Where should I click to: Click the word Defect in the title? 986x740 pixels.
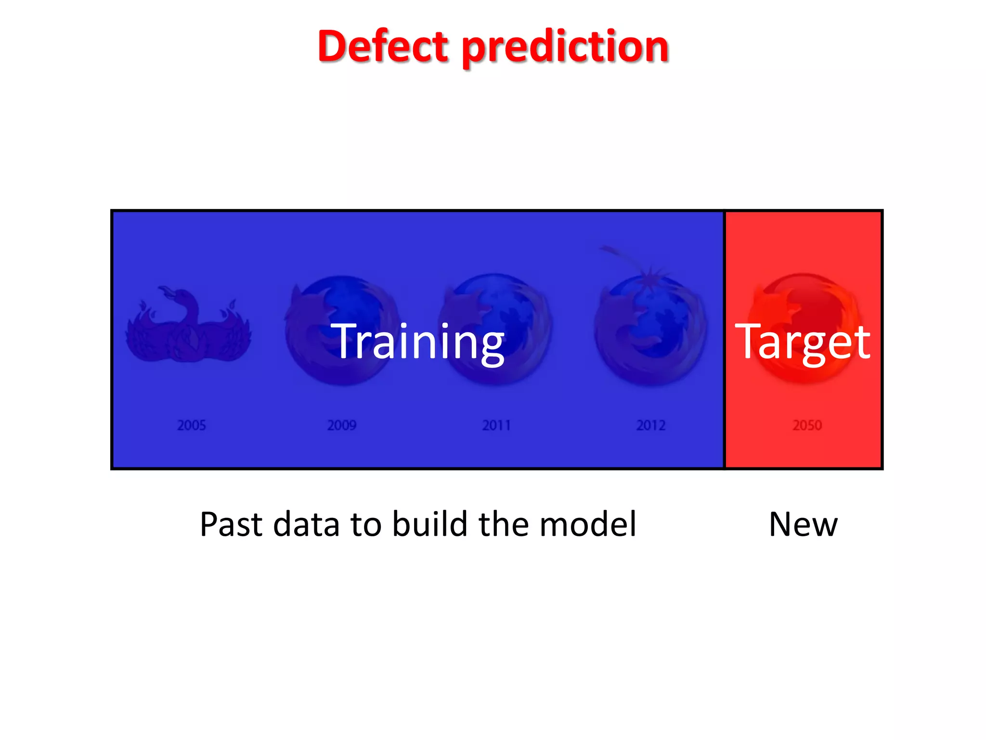tap(383, 47)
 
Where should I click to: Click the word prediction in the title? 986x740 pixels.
tap(565, 48)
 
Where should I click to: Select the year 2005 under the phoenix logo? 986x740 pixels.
tap(191, 425)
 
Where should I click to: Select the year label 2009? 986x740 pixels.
tap(342, 425)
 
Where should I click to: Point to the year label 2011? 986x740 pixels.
tap(496, 425)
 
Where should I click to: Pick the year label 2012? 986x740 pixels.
tap(651, 425)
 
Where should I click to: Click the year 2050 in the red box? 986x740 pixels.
tap(807, 425)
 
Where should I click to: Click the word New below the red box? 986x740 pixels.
tap(803, 524)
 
